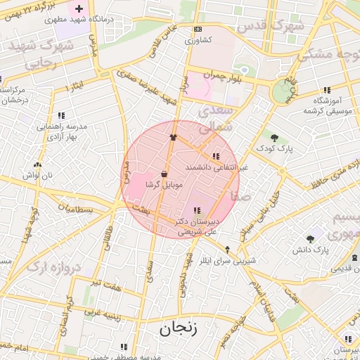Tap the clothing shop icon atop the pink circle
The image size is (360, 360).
coord(173,137)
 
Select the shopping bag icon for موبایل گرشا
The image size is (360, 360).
coord(164,174)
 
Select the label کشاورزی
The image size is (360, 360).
coord(198,41)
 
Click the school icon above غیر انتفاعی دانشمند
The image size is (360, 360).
coord(215,156)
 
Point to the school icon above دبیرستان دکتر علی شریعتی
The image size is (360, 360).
coord(197,210)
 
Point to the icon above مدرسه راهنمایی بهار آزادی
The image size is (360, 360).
coord(62,115)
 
